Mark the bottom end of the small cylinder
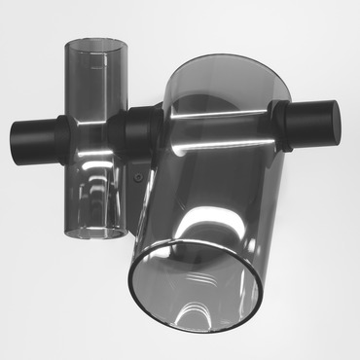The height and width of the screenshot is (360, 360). point(96,231)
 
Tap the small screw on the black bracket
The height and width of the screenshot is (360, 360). point(139,178)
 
